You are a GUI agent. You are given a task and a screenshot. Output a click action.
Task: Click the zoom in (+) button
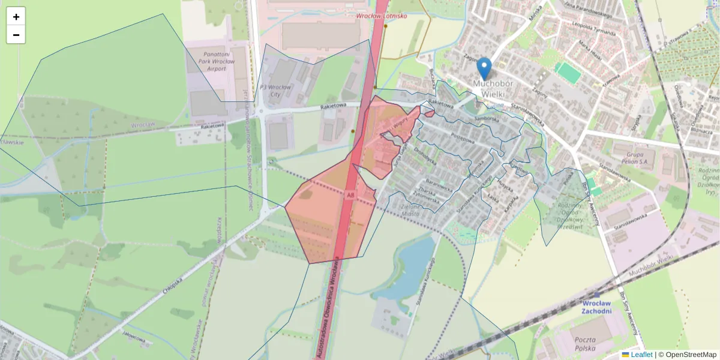point(16,16)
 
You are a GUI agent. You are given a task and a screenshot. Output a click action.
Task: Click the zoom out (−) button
point(16,35)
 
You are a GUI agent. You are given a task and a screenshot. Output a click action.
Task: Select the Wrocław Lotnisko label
point(381,16)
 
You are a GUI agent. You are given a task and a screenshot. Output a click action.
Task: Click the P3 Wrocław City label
point(275,91)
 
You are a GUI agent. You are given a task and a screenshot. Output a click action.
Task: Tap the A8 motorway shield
point(351,194)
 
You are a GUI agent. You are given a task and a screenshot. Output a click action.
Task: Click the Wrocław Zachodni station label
point(596,307)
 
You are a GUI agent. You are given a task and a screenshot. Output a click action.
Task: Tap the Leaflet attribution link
point(641,355)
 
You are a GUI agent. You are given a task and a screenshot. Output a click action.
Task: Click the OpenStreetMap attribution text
point(691,355)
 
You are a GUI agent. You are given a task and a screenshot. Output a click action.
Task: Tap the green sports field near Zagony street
point(568,73)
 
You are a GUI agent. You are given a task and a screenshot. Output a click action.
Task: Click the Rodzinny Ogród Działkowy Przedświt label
point(569,215)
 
